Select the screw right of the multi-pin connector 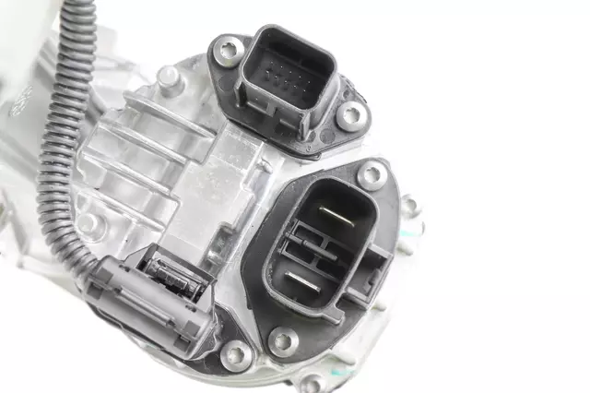click(x=351, y=114)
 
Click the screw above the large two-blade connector click(x=372, y=173)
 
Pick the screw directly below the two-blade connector click(x=282, y=341)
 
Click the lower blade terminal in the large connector click(x=303, y=279)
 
